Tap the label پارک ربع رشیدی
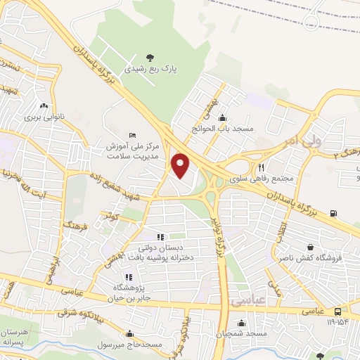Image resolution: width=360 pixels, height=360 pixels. pos(148,70)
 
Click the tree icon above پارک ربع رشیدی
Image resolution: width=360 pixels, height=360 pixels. pos(148,57)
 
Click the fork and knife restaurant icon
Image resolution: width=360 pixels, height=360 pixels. pos(261,167)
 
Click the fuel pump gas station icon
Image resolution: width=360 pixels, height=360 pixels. pos(333,214)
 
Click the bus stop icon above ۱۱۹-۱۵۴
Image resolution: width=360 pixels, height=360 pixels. pos(338,311)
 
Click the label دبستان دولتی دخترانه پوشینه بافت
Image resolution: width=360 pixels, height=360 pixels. pos(160,252)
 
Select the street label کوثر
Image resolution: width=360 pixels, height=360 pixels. pos(110,219)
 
